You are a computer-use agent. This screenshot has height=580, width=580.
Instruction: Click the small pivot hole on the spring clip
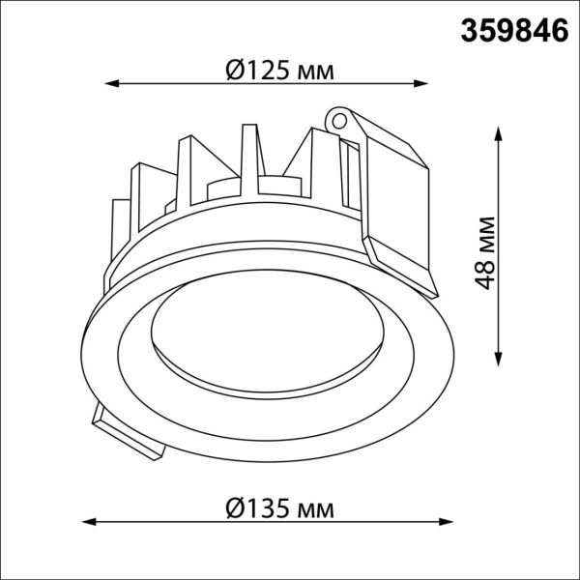(339, 121)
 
